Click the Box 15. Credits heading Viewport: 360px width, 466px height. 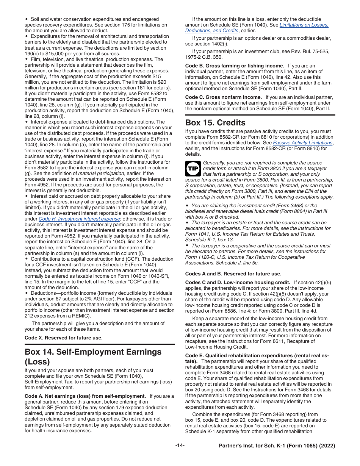(215, 123)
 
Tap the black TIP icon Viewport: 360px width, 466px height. (193, 169)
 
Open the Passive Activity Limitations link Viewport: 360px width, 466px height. (302, 143)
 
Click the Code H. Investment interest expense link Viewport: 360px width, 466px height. (85, 219)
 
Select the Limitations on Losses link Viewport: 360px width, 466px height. (304, 25)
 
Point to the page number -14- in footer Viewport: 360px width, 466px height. (180, 446)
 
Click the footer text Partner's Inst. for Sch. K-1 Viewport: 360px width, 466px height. (277, 446)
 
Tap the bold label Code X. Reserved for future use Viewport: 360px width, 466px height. (63, 338)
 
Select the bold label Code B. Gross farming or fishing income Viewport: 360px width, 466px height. (235, 66)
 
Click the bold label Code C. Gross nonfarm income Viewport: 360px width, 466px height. (224, 97)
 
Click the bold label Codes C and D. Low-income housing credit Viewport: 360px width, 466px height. (238, 283)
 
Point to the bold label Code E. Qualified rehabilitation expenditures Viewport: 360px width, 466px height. (257, 356)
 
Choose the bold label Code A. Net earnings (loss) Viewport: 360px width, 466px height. (85, 396)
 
